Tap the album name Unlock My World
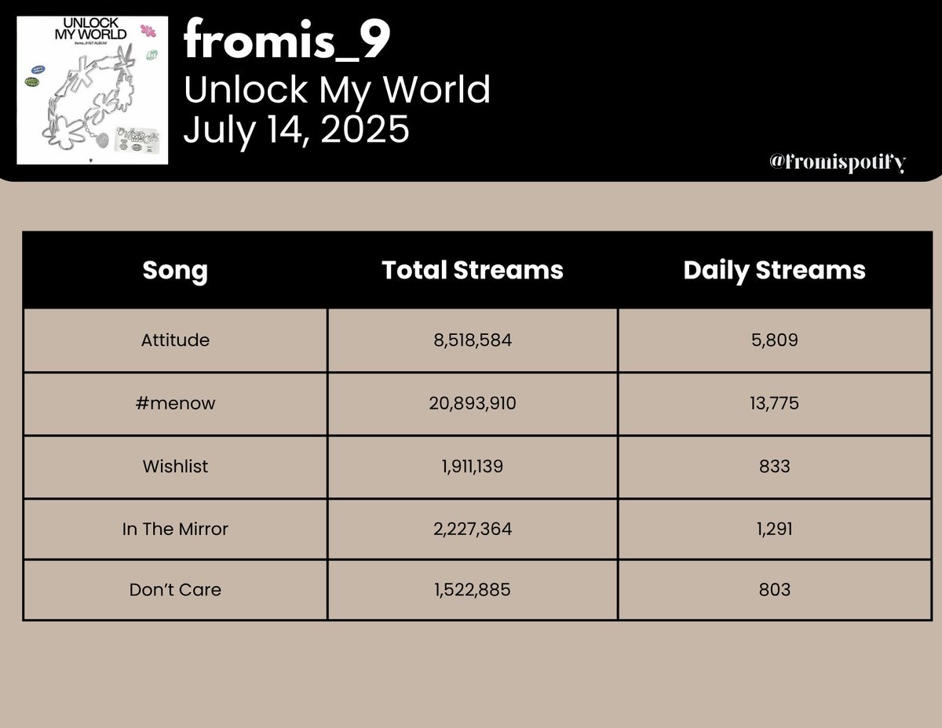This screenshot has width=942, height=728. point(337,90)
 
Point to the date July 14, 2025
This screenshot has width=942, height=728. point(296,129)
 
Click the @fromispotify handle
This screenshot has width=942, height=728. point(838,162)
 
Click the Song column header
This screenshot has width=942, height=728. point(175,270)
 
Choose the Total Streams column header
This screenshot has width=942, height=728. point(473,270)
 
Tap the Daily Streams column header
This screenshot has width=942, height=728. point(774,270)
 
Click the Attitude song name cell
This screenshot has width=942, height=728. point(175,340)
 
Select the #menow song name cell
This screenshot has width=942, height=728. point(175,403)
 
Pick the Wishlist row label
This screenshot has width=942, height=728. point(175,466)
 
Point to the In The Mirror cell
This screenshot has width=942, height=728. point(175,529)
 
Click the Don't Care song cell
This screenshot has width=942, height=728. point(175,589)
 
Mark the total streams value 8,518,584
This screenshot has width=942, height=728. point(473,340)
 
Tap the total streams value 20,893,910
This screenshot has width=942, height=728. point(473,403)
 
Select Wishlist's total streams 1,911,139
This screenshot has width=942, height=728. point(473,466)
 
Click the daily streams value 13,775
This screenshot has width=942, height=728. point(774,403)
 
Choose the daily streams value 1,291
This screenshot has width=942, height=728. point(774,529)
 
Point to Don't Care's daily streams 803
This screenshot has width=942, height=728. point(774,589)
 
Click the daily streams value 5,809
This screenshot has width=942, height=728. point(774,340)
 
